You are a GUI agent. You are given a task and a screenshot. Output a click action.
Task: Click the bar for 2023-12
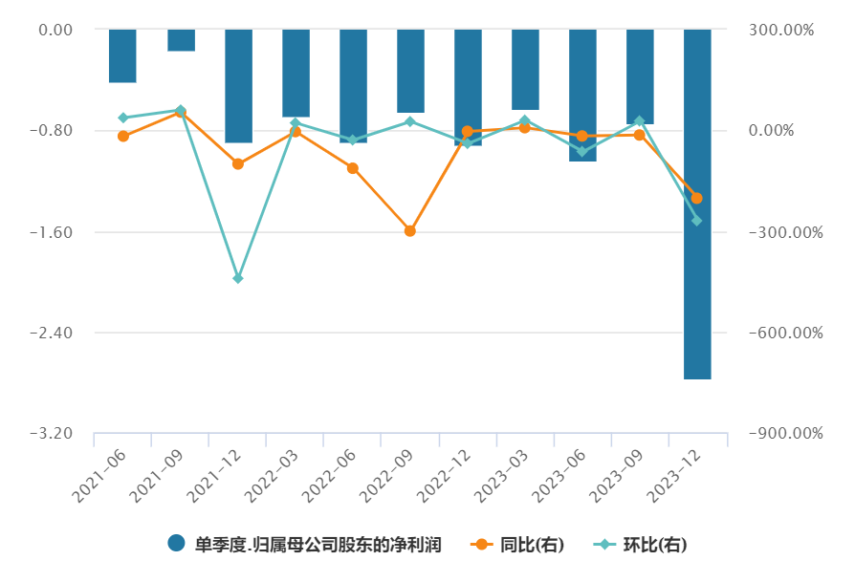click(697, 204)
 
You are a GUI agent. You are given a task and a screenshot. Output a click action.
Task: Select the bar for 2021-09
click(181, 40)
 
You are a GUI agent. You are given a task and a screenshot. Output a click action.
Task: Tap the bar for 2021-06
click(122, 55)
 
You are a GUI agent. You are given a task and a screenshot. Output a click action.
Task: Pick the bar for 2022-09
click(410, 71)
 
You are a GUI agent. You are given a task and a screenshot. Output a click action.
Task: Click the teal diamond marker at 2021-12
click(238, 278)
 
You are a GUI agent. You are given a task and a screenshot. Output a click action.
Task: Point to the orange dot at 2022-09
click(410, 230)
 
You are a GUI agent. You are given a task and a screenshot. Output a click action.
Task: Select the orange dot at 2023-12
click(697, 198)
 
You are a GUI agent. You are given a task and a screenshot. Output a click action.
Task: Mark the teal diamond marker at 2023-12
click(697, 221)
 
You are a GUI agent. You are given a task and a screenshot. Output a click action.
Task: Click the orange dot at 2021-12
click(238, 163)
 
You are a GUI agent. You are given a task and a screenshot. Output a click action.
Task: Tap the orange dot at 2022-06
click(353, 168)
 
